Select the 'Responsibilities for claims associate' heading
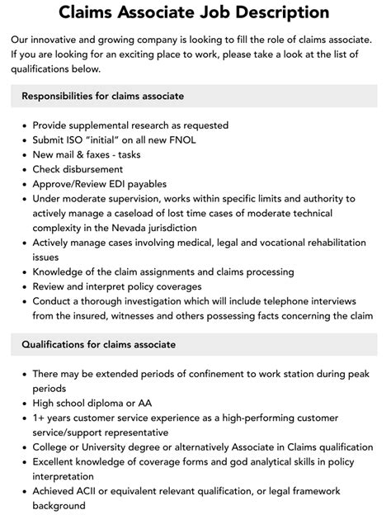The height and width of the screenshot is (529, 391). click(x=102, y=97)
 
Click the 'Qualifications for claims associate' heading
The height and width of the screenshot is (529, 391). click(x=99, y=344)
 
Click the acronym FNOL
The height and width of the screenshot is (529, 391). click(x=209, y=140)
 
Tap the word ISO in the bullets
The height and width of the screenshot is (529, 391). click(x=85, y=140)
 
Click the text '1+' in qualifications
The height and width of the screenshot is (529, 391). click(x=40, y=418)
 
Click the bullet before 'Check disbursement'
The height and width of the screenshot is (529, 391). click(x=21, y=170)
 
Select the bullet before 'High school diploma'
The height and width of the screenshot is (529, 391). click(x=21, y=404)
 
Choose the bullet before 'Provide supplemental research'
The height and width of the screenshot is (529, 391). click(x=21, y=125)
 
